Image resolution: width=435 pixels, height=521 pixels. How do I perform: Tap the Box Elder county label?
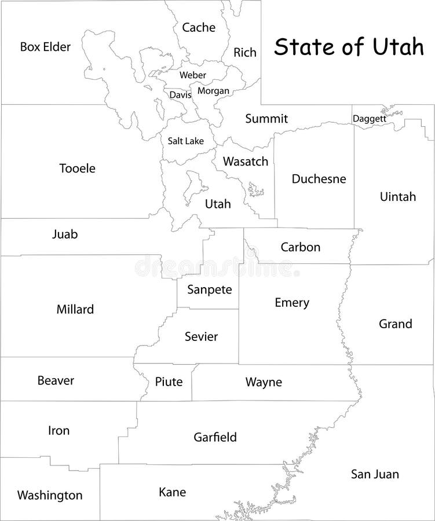tap(45, 47)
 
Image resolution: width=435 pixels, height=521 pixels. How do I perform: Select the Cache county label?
tap(199, 27)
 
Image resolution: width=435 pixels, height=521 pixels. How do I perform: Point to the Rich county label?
tap(245, 53)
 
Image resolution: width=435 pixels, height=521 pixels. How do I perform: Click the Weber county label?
tap(193, 75)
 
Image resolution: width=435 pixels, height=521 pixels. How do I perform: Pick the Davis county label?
tap(180, 94)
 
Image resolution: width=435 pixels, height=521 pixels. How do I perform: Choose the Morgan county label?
tap(213, 91)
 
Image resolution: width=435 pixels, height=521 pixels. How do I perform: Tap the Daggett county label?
tap(369, 119)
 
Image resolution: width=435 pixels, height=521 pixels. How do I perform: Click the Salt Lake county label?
tap(185, 141)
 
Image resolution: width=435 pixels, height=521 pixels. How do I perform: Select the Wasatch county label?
tap(246, 162)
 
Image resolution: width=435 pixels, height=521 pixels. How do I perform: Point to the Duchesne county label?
tap(319, 179)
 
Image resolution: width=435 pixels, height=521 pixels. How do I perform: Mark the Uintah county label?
tap(398, 197)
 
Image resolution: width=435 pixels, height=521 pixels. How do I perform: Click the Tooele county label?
tap(77, 168)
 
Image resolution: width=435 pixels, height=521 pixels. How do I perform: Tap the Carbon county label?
tap(300, 247)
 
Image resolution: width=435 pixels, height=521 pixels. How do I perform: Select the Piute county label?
tap(169, 381)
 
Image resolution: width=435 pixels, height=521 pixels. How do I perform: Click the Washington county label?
tap(50, 496)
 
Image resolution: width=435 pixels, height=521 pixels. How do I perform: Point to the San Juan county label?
tap(375, 475)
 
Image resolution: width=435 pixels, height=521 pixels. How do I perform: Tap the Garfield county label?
tap(215, 438)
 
